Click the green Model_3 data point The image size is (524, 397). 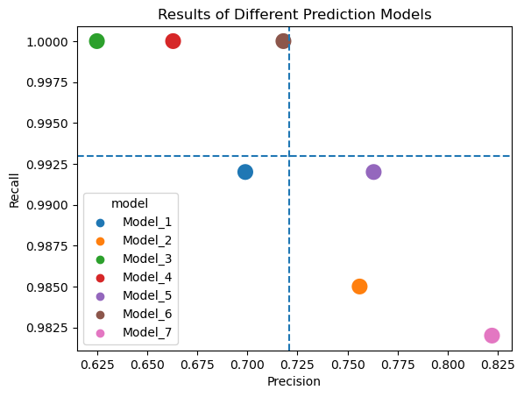point(97,41)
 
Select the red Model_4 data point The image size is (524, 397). point(173,41)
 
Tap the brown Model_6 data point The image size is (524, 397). point(283,41)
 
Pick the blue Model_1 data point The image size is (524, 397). point(245,172)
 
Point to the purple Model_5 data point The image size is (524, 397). point(373,172)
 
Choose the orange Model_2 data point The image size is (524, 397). point(359,287)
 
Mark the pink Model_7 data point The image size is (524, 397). point(492,336)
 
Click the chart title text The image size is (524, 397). point(294,15)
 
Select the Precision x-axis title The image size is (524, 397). point(294,382)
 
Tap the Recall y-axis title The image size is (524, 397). point(14,188)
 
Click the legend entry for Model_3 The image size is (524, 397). point(146,259)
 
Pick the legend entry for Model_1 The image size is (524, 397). point(146,223)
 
